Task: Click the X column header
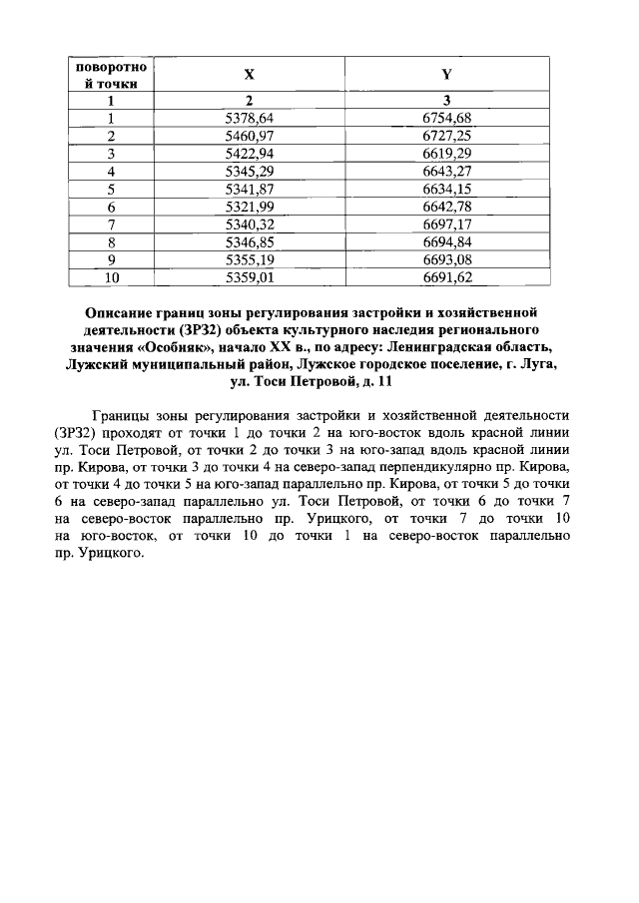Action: pos(250,75)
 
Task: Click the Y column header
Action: pos(446,75)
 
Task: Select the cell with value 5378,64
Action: pos(250,118)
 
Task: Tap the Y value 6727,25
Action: pos(446,136)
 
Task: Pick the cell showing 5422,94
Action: pos(250,153)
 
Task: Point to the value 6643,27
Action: pos(446,171)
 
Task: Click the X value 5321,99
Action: pos(250,206)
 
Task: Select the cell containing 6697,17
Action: pos(446,224)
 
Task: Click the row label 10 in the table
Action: pos(111,276)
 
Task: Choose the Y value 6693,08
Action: pos(446,258)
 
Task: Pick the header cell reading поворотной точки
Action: pos(111,75)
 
